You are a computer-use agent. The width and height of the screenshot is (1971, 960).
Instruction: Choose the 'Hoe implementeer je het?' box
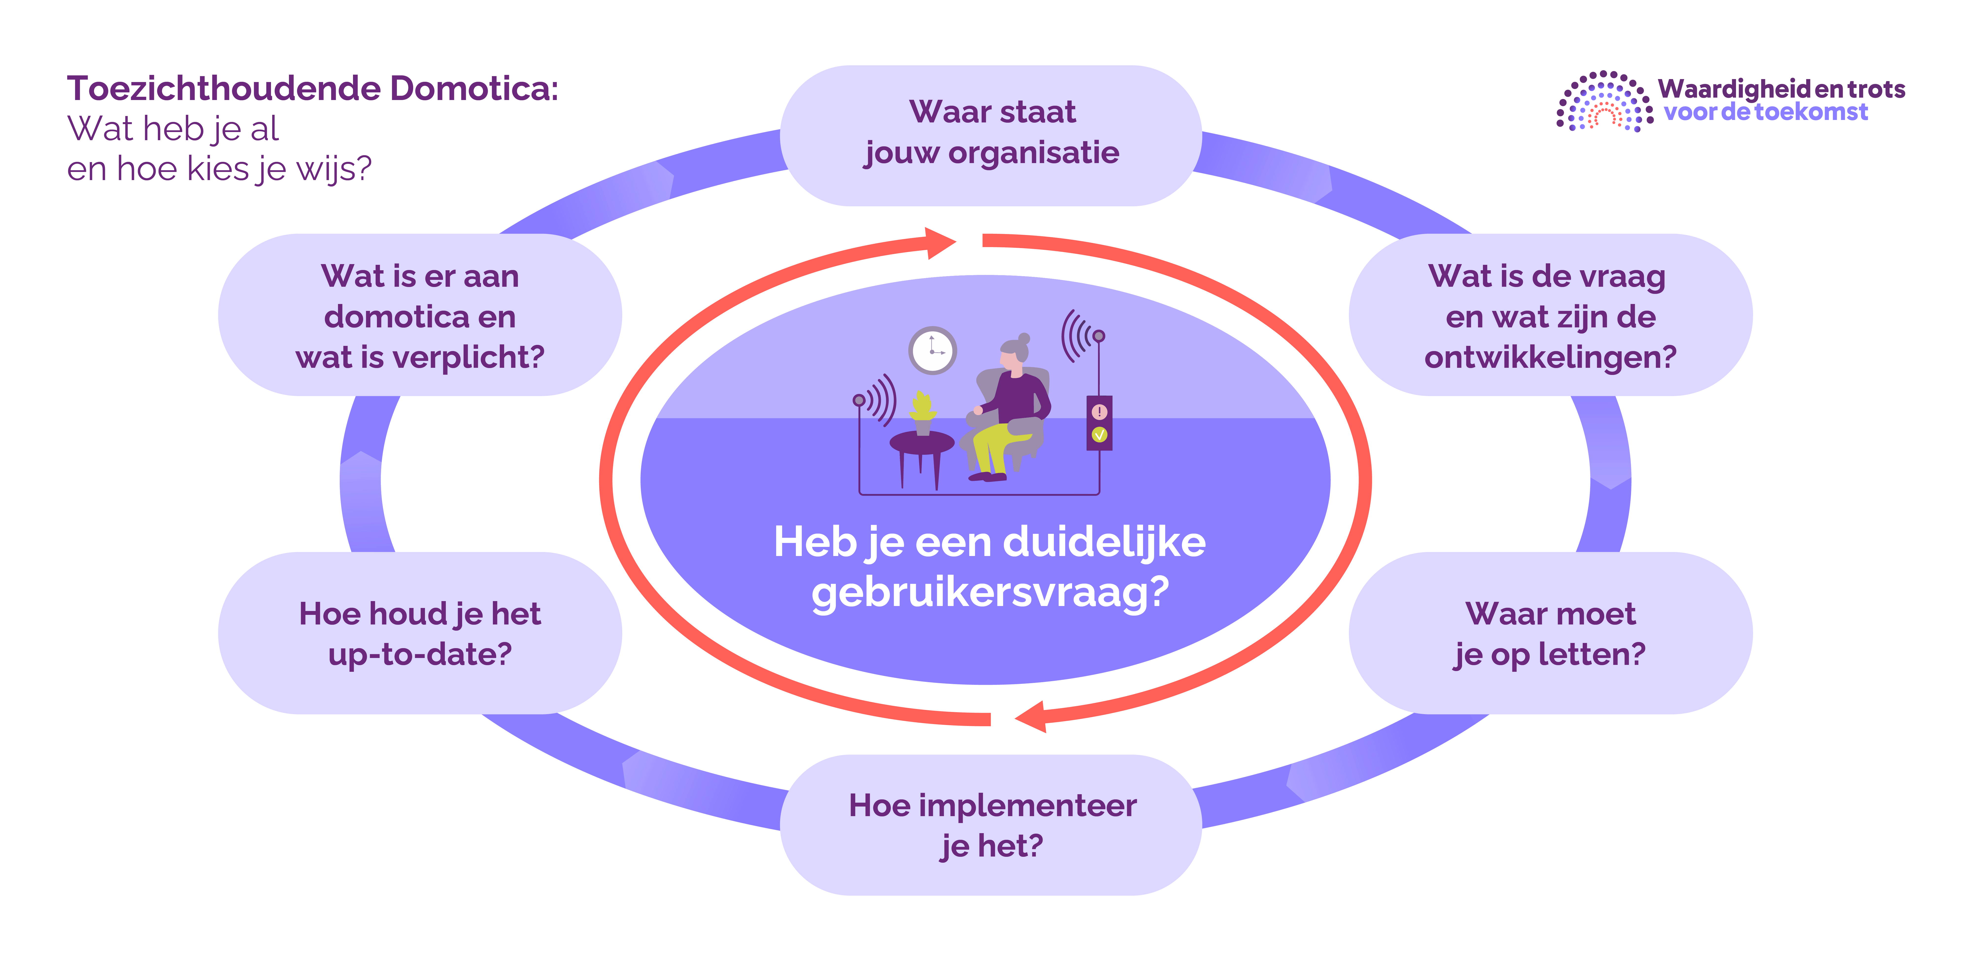click(x=991, y=825)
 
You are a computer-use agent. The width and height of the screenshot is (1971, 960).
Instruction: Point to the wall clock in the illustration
click(x=932, y=350)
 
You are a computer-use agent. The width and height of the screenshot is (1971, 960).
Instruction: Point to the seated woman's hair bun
click(x=1024, y=338)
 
